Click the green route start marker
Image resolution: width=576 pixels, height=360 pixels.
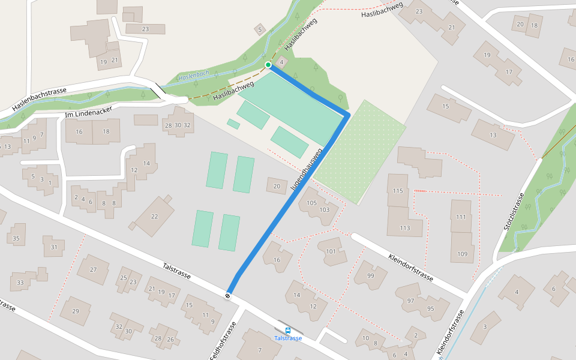[268, 65]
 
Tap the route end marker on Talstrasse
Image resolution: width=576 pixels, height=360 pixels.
[228, 295]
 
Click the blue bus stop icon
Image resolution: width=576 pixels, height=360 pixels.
[288, 330]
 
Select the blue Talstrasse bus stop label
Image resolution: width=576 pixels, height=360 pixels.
[288, 338]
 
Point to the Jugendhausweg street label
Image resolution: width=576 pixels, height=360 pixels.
[306, 170]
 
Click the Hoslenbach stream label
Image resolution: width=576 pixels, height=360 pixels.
[194, 76]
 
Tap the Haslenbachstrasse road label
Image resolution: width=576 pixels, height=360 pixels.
[40, 99]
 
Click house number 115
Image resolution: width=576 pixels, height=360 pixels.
[397, 191]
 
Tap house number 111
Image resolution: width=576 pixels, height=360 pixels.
[461, 217]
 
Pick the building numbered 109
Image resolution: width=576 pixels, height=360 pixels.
[462, 254]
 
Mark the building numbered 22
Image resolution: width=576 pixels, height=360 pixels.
[154, 217]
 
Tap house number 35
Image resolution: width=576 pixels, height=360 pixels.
[16, 239]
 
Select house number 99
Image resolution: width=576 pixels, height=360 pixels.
[370, 275]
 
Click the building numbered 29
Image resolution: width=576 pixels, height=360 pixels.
[75, 311]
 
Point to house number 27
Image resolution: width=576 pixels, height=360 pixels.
[93, 269]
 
